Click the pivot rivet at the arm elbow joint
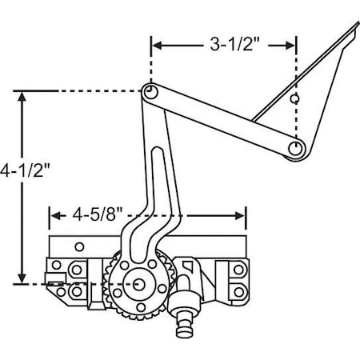[148, 92]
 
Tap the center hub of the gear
[139, 283]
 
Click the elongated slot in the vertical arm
[158, 188]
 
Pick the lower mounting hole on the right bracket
[238, 289]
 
